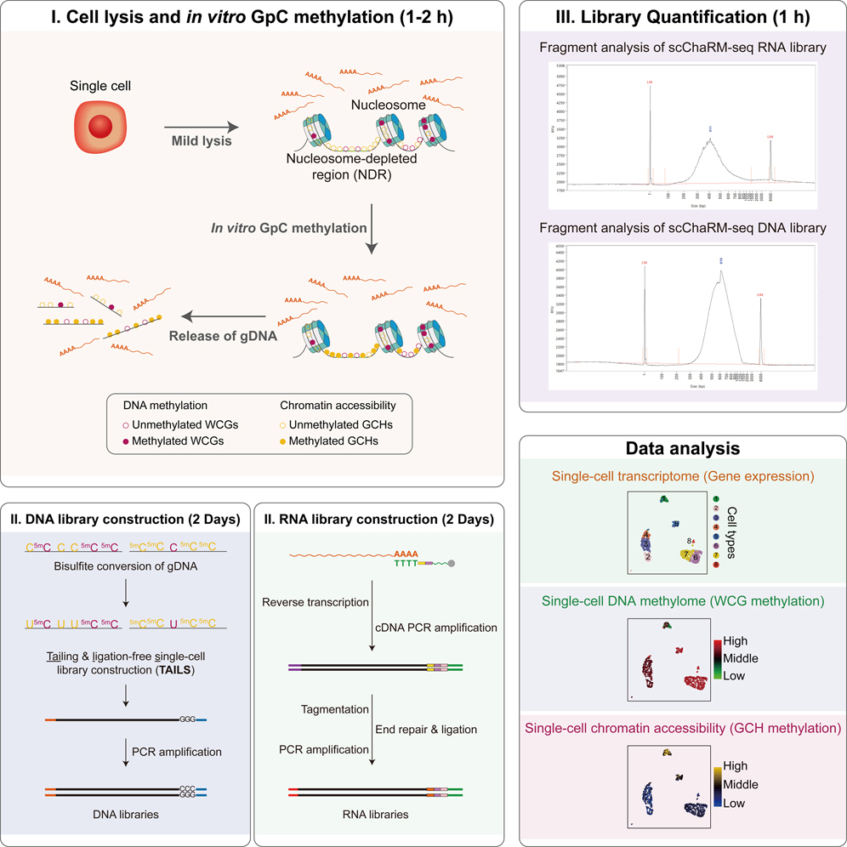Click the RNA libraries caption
click(x=374, y=815)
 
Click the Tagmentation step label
click(x=334, y=708)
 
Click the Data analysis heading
click(x=682, y=447)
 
